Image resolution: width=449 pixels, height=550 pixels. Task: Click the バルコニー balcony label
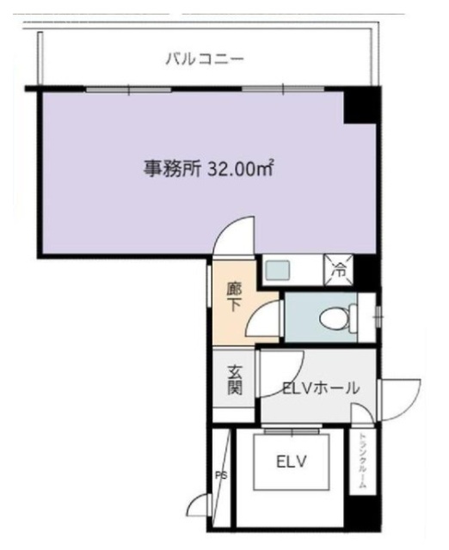[x=205, y=58]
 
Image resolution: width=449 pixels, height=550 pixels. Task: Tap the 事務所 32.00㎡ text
[x=208, y=168]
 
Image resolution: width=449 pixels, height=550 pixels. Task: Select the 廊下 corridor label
[x=233, y=297]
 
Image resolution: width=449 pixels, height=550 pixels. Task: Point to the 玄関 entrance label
[x=235, y=380]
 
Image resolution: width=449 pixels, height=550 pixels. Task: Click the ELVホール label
[x=321, y=388]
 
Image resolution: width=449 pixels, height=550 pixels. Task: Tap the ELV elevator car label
[x=292, y=461]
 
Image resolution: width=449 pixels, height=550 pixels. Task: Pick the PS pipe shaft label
[x=221, y=475]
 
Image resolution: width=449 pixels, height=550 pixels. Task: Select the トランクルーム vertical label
[x=362, y=461]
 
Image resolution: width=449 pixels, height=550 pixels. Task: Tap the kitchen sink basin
[x=277, y=270]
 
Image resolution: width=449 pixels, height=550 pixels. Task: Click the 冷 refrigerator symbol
[x=338, y=269]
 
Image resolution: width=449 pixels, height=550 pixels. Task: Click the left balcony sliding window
[x=129, y=89]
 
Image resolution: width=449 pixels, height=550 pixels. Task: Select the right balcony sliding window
[x=283, y=89]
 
